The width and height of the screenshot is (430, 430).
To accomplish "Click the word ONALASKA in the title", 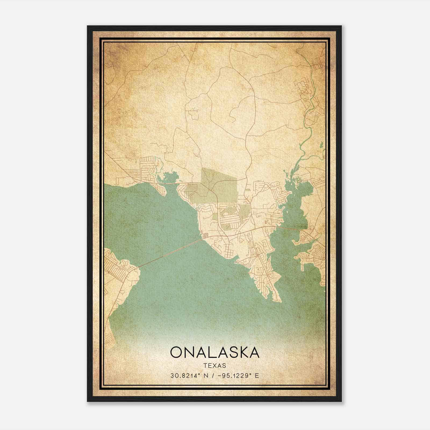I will tap(215, 352).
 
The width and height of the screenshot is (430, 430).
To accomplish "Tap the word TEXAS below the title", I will tap(215, 365).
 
